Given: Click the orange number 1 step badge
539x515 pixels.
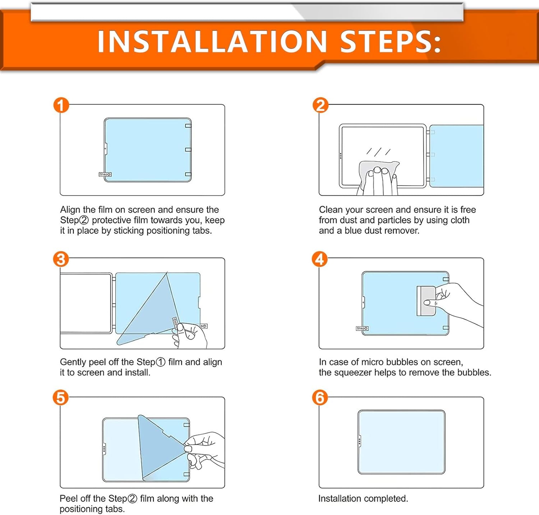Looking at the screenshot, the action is tap(61, 105).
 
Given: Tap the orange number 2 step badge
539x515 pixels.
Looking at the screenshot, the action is tap(320, 105).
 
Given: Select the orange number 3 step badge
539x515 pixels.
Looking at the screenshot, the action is tap(61, 259).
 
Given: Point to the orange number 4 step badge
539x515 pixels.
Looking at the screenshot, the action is tap(320, 259).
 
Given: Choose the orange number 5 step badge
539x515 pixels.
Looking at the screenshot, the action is tap(61, 398).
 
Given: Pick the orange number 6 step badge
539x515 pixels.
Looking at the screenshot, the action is tap(320, 398).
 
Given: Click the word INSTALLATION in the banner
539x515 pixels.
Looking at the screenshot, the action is tap(212, 41).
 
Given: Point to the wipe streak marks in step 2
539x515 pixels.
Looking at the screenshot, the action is tap(378, 152).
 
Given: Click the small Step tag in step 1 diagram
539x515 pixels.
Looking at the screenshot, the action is tap(105, 174).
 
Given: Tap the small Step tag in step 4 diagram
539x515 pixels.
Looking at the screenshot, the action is tap(362, 328).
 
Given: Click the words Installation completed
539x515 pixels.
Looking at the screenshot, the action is tap(363, 498).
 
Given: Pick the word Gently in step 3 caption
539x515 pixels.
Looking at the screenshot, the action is tap(73, 362).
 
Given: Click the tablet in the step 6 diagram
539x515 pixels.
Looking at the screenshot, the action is tap(401, 442).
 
